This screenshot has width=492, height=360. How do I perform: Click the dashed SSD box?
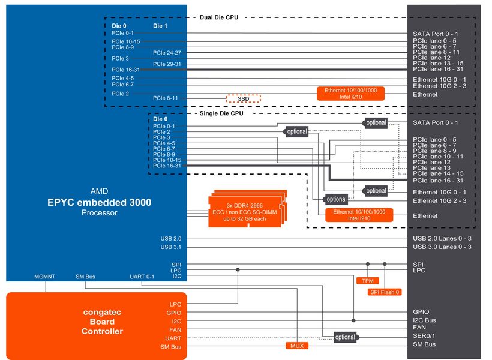(243, 98)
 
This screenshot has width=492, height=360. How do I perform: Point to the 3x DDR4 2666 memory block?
(247, 210)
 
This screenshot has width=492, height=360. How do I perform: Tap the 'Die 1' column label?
(160, 26)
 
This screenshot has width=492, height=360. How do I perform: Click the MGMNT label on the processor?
(45, 277)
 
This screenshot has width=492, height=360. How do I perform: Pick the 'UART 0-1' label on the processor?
(142, 277)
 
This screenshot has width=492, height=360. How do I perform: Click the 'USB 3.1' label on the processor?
(170, 247)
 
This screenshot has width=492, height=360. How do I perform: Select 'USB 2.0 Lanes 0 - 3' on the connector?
(442, 238)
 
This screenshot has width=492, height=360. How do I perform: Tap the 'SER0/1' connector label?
(424, 337)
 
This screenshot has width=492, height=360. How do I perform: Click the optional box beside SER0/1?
(345, 337)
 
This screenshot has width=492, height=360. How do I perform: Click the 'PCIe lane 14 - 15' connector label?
(438, 173)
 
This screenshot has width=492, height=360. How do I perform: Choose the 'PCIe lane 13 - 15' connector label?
(438, 63)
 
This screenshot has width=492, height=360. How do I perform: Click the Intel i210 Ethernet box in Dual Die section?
(351, 93)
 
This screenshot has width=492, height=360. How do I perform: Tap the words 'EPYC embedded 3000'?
(99, 203)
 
